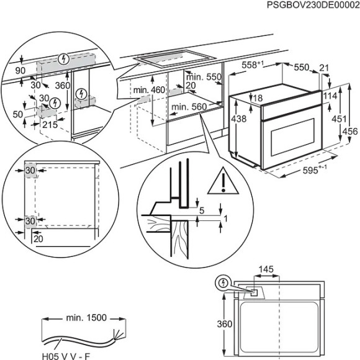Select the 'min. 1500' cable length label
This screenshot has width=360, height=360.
[86, 317]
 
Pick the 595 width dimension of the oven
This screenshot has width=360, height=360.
[302, 170]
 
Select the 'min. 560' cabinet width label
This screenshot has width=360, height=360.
[189, 107]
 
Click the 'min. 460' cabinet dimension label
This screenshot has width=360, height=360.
[148, 91]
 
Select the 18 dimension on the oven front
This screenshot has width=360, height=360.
[259, 97]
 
